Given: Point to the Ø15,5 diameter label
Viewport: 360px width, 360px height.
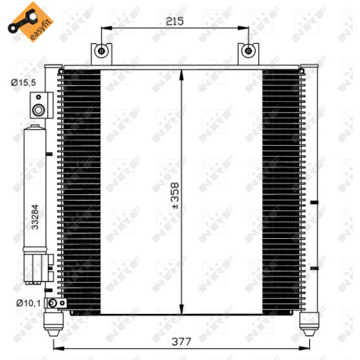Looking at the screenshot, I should point(22,82).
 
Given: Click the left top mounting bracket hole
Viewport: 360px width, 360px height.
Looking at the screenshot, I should point(101,51).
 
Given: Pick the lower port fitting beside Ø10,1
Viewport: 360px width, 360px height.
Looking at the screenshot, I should point(53,303).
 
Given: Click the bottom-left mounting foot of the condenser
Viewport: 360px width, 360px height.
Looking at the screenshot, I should point(56,320).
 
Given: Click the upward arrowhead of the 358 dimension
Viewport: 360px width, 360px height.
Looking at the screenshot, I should point(183,74).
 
